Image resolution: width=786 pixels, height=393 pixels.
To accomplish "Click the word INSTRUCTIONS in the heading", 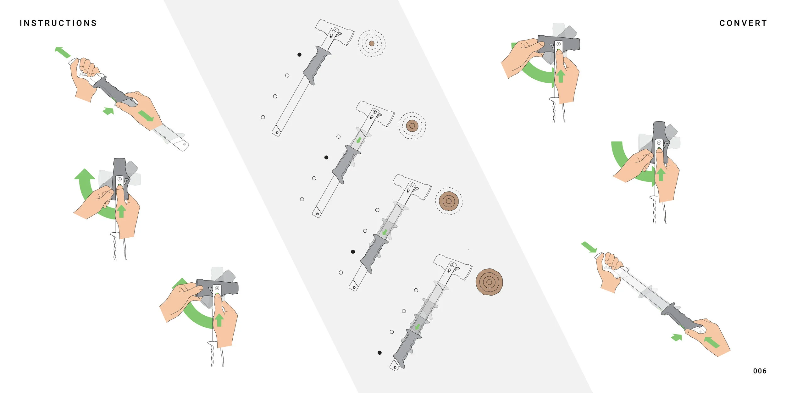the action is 58,23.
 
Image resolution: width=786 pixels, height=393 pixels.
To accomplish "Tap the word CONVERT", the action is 743,23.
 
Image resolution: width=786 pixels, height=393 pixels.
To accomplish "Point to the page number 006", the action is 760,371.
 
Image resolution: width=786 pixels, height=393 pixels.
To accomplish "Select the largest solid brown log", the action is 489,282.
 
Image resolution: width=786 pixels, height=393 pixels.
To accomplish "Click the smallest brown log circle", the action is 372,43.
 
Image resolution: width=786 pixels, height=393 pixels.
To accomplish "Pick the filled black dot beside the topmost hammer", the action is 299,55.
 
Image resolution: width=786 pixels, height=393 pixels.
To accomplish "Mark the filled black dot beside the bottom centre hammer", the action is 379,353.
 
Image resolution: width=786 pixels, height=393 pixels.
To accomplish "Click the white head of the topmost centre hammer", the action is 335,31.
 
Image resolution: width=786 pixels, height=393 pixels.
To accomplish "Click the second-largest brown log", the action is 449,201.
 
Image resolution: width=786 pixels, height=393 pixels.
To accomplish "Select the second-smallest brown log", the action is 412,126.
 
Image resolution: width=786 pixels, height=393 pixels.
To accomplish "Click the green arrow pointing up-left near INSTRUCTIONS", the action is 63,53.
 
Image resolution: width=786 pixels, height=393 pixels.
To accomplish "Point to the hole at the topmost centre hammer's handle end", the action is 277,133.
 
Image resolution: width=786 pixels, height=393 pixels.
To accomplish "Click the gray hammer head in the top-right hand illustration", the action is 559,43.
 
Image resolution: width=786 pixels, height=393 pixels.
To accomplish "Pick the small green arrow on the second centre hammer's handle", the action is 359,140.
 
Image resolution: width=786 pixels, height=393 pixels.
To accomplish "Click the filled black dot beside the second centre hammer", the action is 326,158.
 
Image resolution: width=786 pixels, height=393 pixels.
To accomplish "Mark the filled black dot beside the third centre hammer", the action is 353,252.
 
